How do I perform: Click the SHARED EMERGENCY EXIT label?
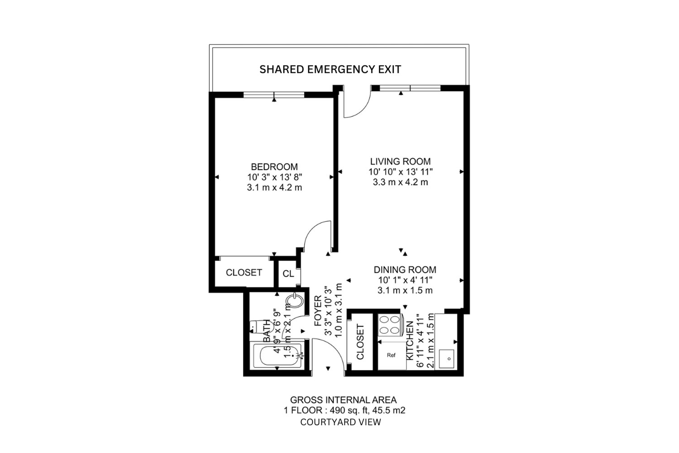330,69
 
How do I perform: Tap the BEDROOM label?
274,167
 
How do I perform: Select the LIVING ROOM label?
401,161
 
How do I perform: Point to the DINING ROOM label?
405,270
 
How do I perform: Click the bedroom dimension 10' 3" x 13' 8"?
275,177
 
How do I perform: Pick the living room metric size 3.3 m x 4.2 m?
401,182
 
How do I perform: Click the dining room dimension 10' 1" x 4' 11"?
405,280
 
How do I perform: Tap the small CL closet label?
288,274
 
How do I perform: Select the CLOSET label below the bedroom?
244,272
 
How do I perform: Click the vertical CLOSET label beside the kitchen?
360,342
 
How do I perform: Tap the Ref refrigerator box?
392,355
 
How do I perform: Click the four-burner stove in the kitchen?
390,325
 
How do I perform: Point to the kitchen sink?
446,359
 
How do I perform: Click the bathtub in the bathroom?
276,356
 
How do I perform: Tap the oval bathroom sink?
295,301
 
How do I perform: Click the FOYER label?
318,311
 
